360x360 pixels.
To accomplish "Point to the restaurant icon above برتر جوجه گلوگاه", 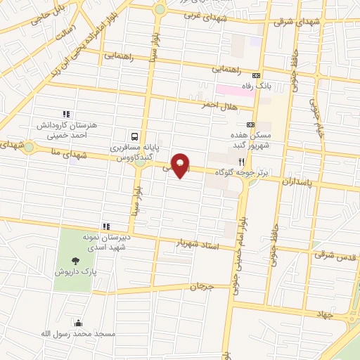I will point(242,160).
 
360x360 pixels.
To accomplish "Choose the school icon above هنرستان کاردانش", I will point(66,114).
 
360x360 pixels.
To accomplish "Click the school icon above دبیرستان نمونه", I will point(106,226).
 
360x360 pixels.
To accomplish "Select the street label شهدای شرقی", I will point(284,22).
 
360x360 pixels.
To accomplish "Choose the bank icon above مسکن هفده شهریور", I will point(250,124).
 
